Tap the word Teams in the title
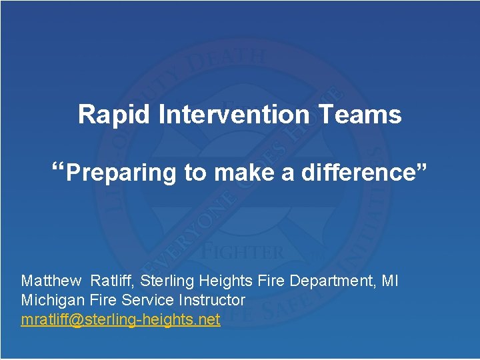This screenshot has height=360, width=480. [359, 115]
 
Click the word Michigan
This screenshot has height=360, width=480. [50, 300]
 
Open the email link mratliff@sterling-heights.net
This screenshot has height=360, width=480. [121, 319]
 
